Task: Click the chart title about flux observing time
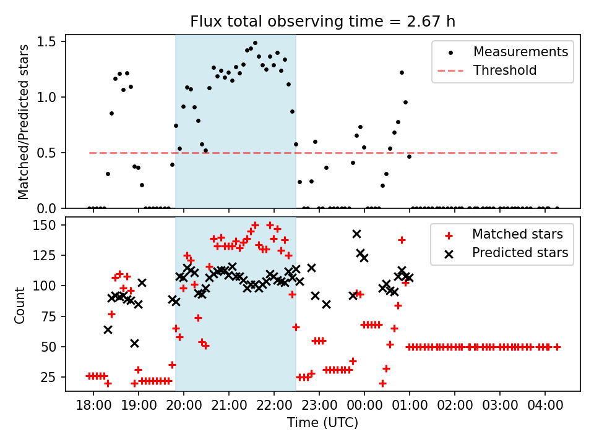point(322,22)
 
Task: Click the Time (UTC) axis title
point(322,423)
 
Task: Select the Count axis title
point(20,304)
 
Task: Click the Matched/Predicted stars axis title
point(24,121)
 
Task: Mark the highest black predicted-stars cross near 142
point(356,234)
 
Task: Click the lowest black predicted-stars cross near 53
point(134,343)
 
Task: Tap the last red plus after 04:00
point(557,347)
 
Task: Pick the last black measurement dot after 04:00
point(557,208)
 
